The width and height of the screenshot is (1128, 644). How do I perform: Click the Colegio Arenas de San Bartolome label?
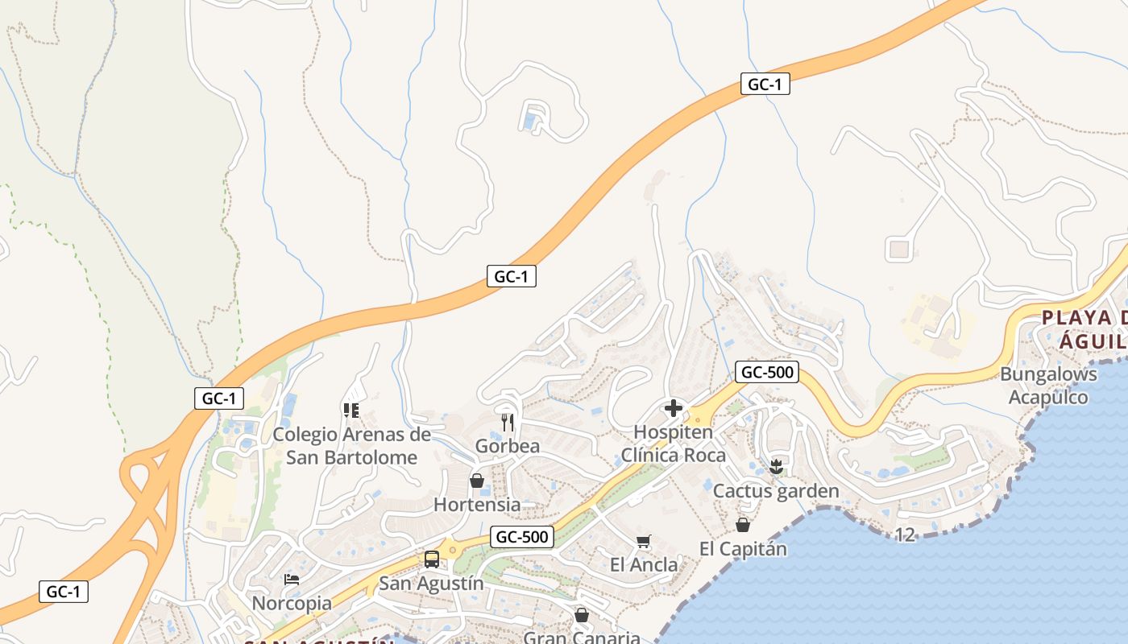(x=351, y=446)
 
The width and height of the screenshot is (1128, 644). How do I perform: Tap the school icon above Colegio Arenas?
(x=350, y=411)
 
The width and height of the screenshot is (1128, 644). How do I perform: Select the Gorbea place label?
(x=508, y=446)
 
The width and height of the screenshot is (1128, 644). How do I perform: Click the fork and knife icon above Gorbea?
(x=508, y=422)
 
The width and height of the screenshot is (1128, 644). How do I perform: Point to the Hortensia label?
(x=477, y=505)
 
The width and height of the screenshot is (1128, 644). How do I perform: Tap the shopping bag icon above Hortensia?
(x=477, y=481)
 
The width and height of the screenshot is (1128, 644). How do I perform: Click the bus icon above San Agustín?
(x=432, y=559)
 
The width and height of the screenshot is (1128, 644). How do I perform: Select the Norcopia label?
(x=292, y=603)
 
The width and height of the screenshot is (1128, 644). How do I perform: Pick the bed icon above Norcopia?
(x=292, y=580)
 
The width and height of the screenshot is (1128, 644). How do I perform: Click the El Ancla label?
(x=644, y=564)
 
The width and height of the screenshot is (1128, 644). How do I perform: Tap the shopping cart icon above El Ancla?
(x=643, y=542)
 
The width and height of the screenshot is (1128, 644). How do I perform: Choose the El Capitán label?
(x=742, y=549)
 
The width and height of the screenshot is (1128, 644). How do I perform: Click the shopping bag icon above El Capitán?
(x=742, y=525)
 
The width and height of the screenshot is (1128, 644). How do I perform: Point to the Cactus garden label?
(x=776, y=490)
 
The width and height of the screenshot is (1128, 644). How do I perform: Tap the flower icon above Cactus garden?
(x=776, y=466)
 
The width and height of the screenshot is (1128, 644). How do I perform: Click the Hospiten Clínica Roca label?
(x=673, y=444)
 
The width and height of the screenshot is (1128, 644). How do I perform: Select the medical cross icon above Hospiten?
(x=674, y=409)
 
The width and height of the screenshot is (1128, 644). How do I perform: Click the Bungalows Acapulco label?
(x=1048, y=386)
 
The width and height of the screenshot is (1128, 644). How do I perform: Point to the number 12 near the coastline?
(x=906, y=535)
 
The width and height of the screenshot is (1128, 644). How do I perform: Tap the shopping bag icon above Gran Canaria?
(x=582, y=616)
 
